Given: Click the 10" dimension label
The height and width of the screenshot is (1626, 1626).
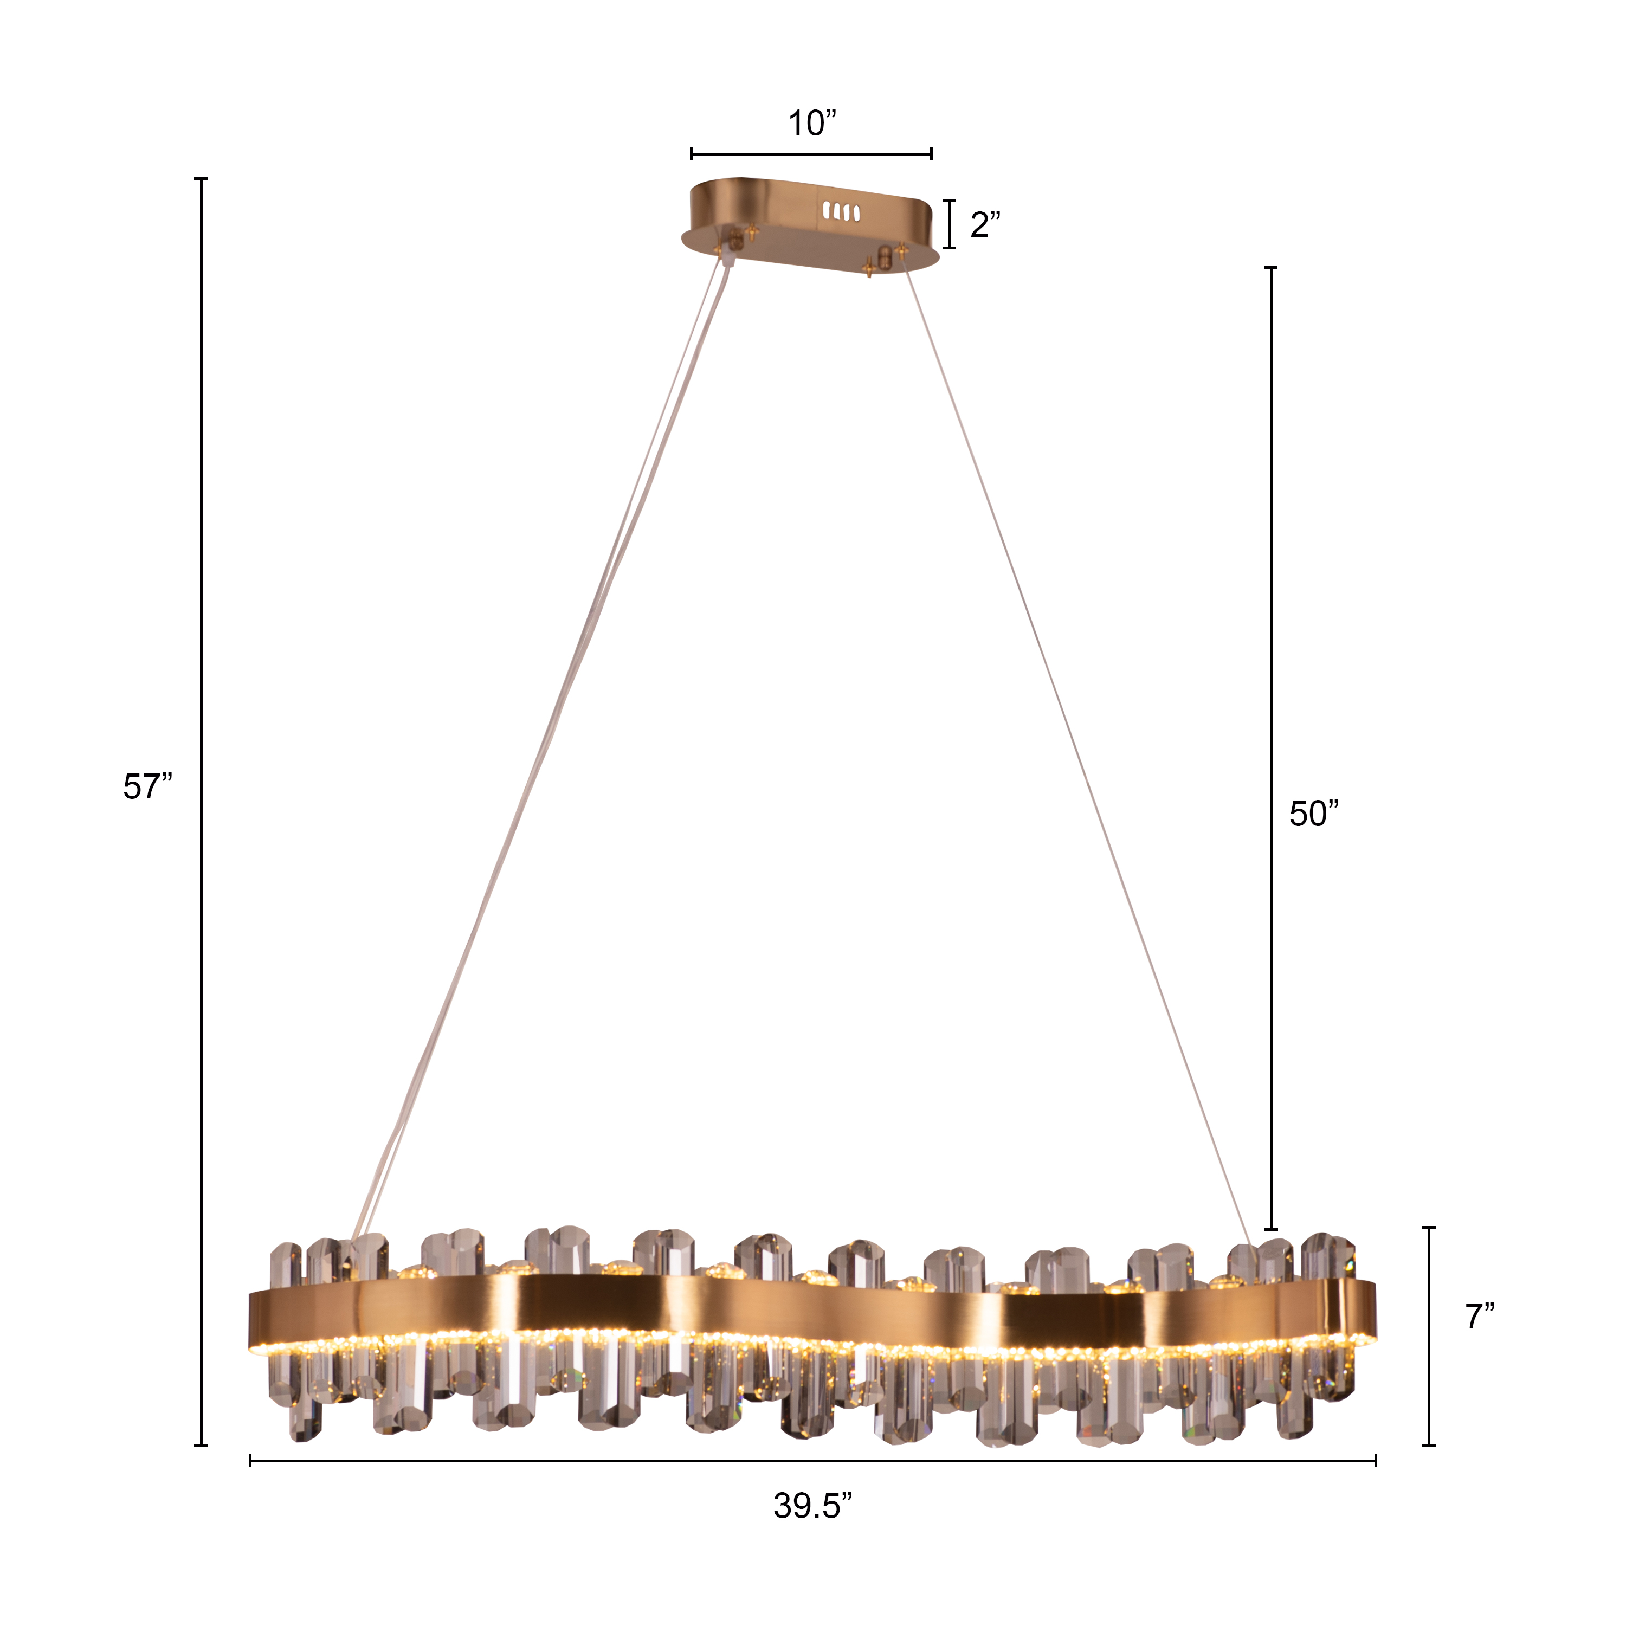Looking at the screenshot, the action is (x=812, y=124).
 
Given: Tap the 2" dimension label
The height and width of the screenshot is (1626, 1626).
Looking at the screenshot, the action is (x=985, y=225).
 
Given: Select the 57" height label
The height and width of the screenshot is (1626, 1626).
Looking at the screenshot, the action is (x=147, y=787).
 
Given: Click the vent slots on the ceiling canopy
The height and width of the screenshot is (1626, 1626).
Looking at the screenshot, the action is (x=841, y=210).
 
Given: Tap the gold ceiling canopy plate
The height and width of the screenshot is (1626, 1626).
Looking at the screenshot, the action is (x=810, y=225).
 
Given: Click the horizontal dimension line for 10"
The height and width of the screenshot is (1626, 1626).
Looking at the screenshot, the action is (x=811, y=153).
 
